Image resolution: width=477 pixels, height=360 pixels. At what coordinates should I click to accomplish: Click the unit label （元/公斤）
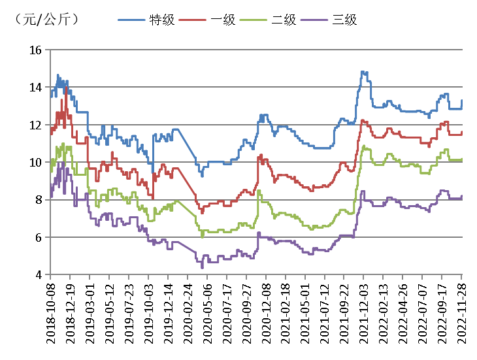tap(45, 20)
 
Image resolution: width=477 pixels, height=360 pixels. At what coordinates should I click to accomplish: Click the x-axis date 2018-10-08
tap(51, 314)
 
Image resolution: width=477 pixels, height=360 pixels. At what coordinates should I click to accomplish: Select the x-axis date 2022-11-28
tap(462, 314)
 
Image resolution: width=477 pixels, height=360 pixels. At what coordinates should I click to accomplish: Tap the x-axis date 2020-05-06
tap(208, 314)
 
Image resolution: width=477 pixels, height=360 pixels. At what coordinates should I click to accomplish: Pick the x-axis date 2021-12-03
tap(364, 314)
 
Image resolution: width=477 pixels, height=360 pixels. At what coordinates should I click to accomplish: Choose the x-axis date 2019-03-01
tap(90, 314)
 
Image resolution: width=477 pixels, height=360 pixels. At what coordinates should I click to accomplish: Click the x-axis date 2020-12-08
tap(266, 314)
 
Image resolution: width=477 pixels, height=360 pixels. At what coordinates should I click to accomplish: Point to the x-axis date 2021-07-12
tap(325, 314)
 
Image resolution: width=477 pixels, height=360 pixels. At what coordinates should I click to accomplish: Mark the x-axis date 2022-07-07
tap(423, 314)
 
